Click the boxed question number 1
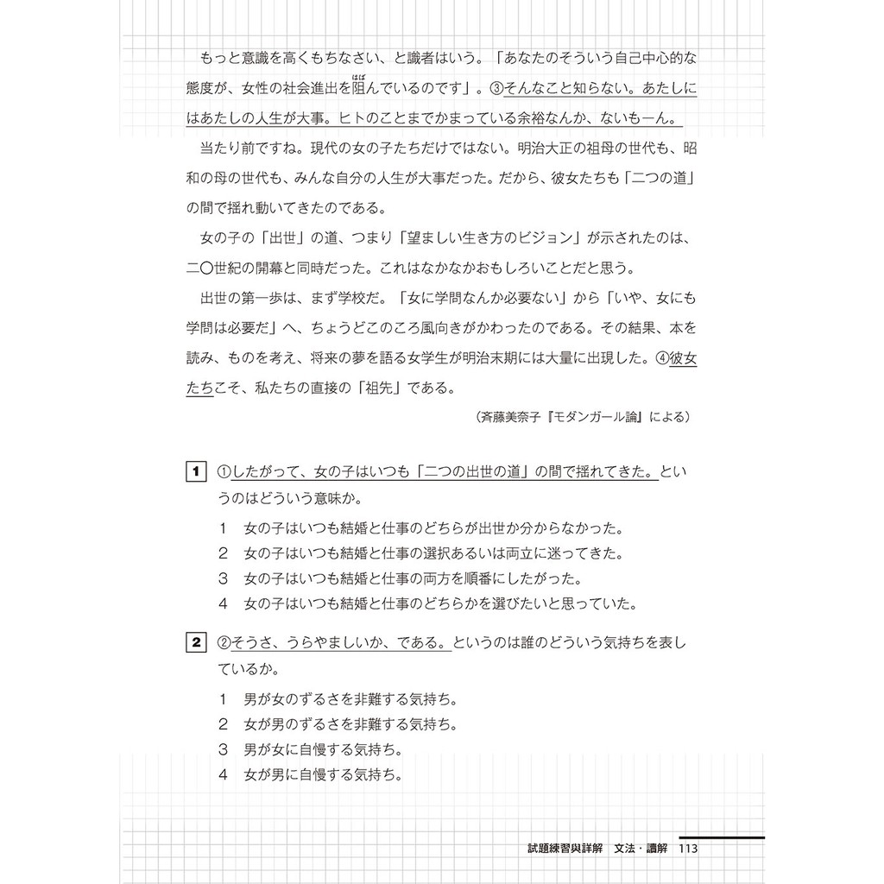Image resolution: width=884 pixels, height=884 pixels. coord(195,471)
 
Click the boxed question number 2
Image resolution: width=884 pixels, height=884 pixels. coord(195,642)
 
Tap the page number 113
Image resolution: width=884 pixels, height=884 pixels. coord(688,849)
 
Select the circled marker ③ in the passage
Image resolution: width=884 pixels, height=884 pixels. coord(496,89)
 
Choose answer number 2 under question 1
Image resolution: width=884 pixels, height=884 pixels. coord(223,552)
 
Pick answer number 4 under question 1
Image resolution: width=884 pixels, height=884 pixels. coord(223,603)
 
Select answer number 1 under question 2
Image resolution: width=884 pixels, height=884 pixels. coord(223,698)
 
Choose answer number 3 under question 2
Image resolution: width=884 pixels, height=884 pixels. coord(223,748)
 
